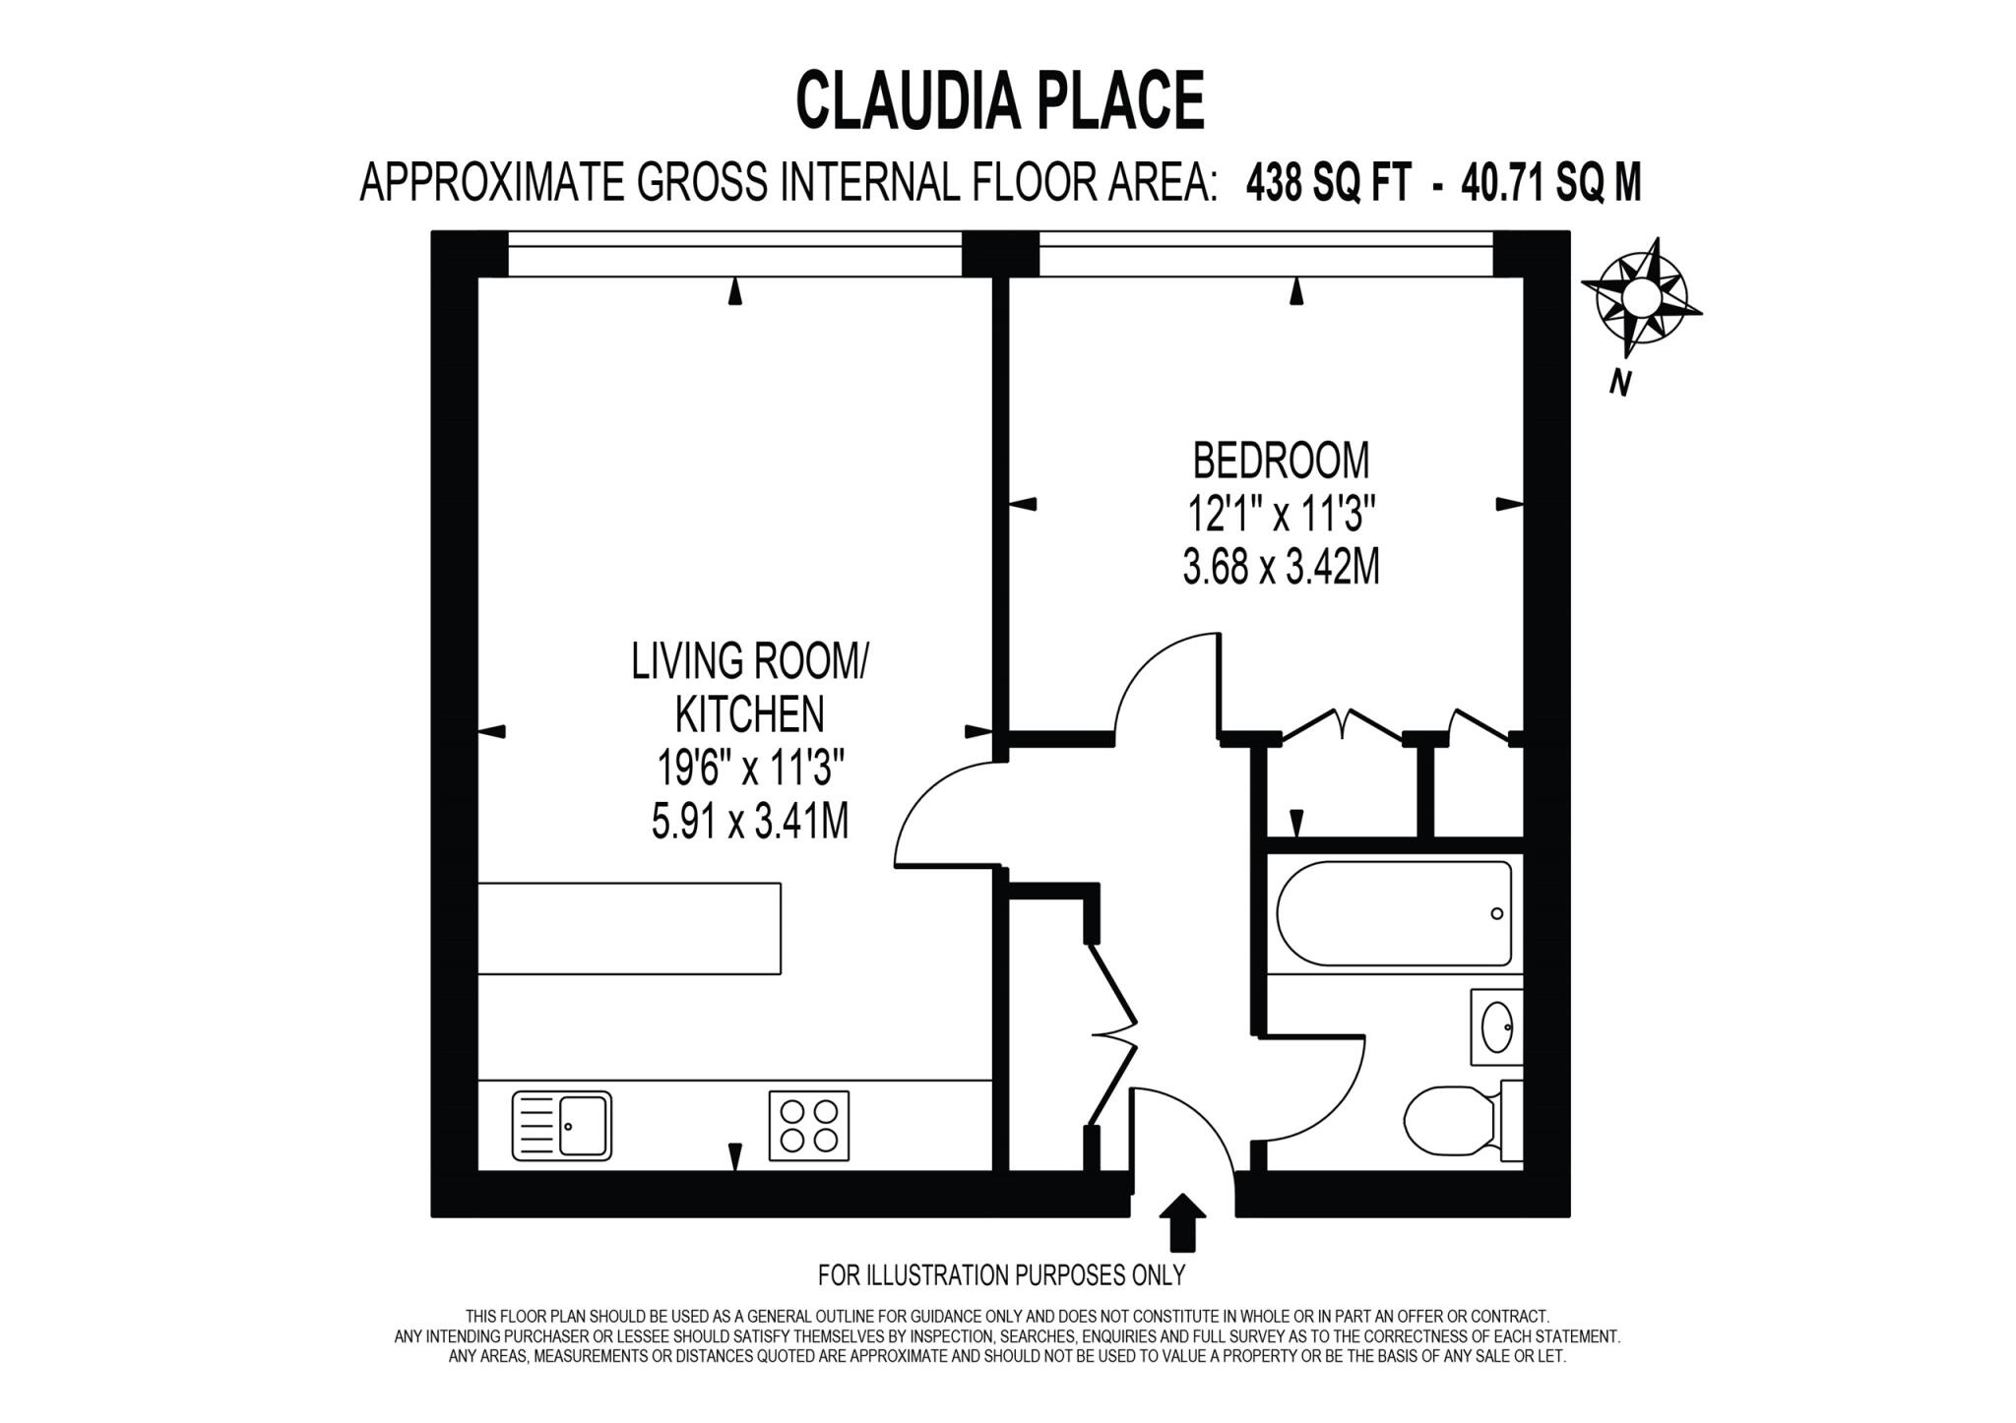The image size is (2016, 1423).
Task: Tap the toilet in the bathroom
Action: click(x=1449, y=1121)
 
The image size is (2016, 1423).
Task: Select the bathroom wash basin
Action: click(x=1496, y=1026)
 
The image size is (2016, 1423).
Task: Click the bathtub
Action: click(x=1394, y=914)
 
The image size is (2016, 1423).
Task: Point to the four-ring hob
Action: click(x=808, y=1126)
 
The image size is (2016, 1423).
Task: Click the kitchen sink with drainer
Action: click(x=562, y=1126)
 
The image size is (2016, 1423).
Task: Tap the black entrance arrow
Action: click(x=1182, y=1220)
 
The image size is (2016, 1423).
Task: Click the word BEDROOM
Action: click(x=1281, y=461)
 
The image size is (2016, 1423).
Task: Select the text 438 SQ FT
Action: click(x=1328, y=183)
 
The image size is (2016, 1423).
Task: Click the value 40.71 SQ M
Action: click(x=1551, y=183)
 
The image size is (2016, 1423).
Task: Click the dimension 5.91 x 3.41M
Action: click(x=749, y=821)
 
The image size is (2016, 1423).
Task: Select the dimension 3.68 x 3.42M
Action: click(x=1281, y=567)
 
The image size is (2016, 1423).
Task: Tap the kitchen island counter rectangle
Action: click(x=629, y=929)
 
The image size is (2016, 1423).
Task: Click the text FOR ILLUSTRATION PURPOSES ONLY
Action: click(x=1001, y=1275)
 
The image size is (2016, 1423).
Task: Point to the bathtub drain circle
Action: click(x=1497, y=914)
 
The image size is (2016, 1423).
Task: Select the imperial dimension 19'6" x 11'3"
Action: click(x=749, y=768)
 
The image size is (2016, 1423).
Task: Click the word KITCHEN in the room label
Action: click(x=749, y=714)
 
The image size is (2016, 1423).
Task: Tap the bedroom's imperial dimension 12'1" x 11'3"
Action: click(x=1281, y=514)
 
